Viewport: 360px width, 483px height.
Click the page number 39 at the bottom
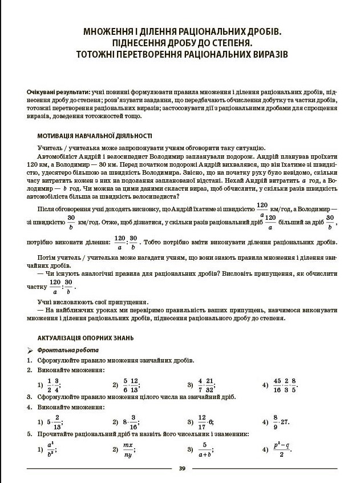(181, 468)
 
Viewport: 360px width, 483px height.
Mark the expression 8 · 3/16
(129, 422)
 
